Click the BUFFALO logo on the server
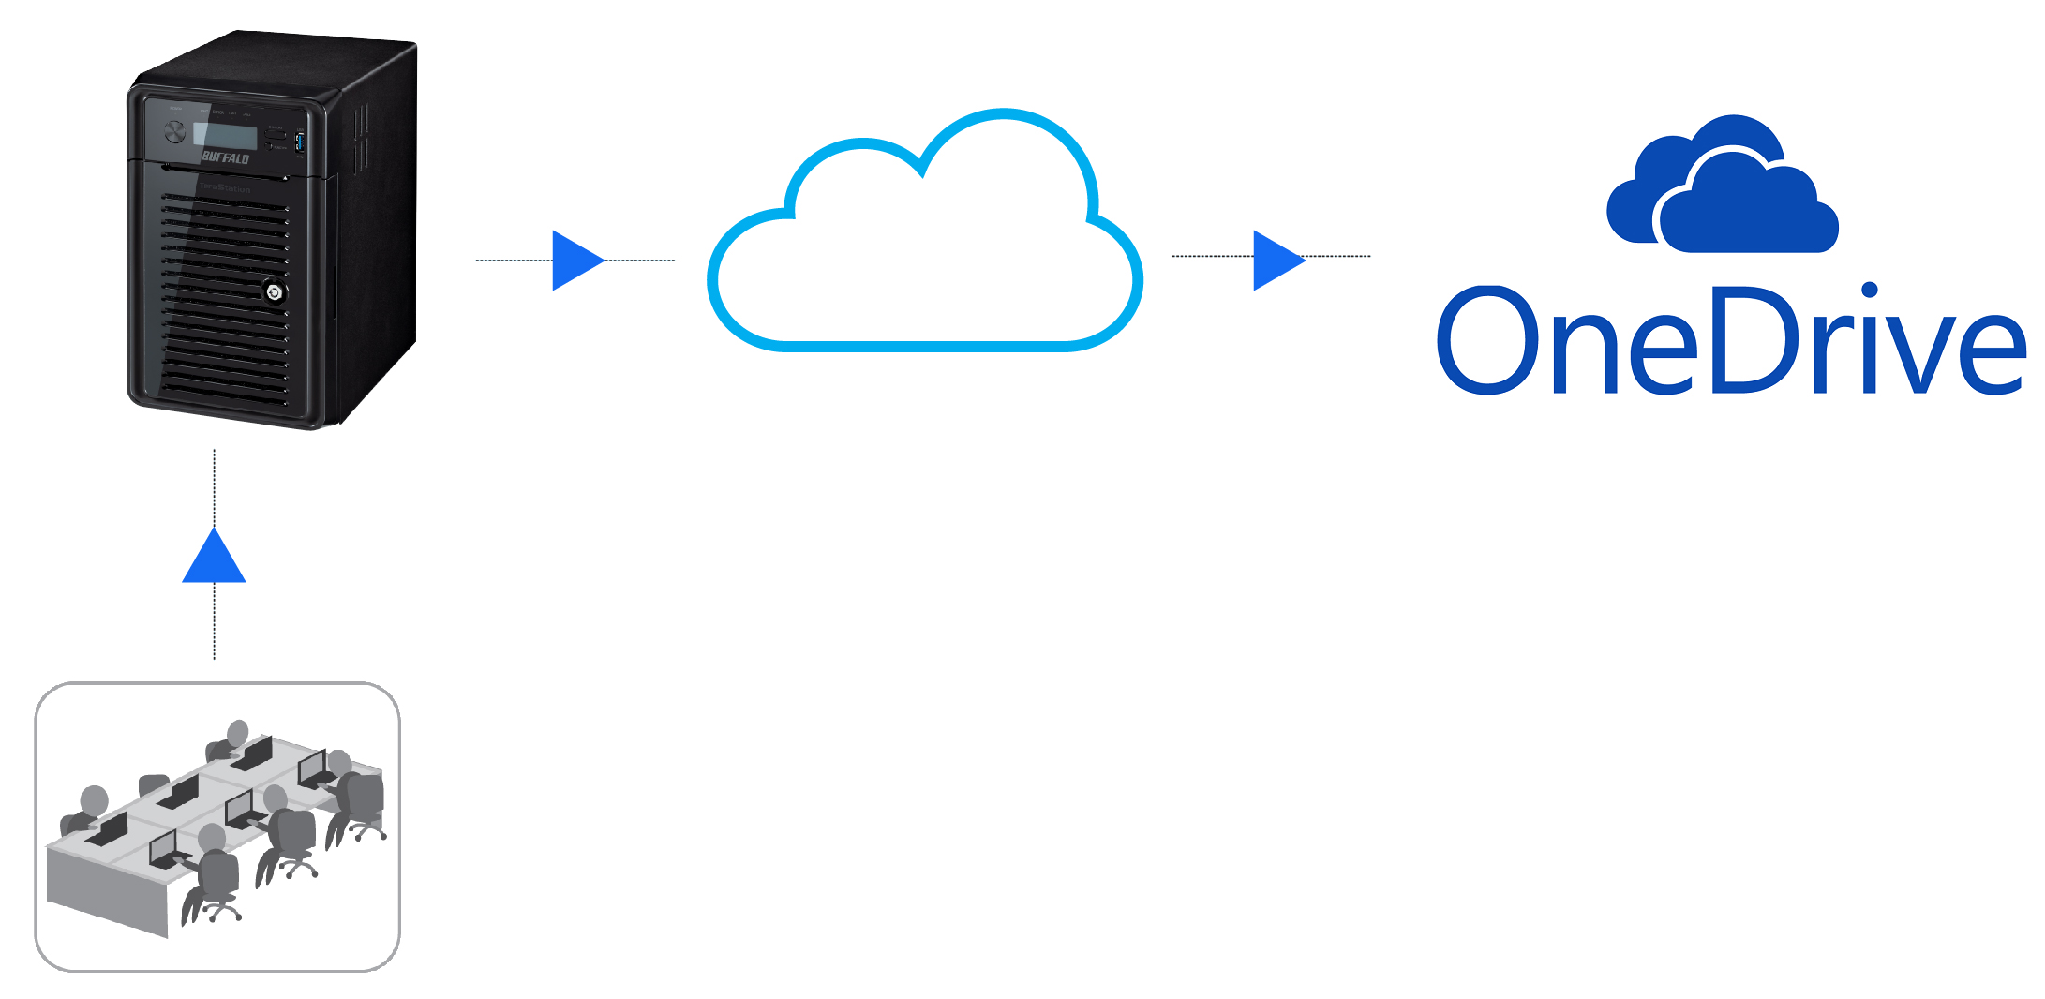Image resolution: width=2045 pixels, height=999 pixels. pos(226,157)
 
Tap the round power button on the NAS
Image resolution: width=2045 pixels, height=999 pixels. pos(175,132)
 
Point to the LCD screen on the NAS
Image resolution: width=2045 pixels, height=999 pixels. pos(225,135)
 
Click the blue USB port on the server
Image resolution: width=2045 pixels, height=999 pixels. pos(300,142)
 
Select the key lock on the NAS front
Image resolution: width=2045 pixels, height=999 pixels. pos(275,292)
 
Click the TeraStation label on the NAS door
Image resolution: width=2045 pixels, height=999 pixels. pos(225,188)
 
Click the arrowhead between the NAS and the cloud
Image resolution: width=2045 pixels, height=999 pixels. pos(576,261)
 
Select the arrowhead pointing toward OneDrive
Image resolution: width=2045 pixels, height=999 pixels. pos(1277,260)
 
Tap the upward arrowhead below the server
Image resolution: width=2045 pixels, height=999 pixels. pos(214,558)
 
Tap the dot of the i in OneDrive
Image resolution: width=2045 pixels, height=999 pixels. pos(1870,291)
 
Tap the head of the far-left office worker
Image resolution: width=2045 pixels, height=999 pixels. pos(94,801)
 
